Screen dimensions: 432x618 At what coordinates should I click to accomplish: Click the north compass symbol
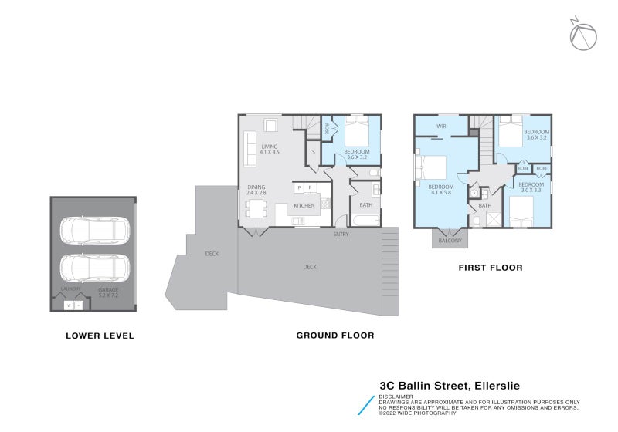583,34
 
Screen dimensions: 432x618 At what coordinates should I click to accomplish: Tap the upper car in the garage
93,229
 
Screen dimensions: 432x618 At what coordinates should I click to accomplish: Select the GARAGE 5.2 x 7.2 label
108,292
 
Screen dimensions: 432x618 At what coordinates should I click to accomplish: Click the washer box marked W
69,305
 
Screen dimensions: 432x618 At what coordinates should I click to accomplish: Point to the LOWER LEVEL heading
100,336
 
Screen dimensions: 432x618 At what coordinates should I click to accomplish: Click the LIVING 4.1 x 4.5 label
269,150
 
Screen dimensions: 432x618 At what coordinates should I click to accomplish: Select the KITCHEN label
304,206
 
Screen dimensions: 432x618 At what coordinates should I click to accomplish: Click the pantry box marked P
298,187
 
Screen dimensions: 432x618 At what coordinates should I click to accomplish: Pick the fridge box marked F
310,187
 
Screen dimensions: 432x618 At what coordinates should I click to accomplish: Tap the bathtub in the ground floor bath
365,221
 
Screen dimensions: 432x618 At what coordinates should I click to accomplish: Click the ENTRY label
341,234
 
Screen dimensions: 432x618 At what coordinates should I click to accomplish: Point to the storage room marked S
313,152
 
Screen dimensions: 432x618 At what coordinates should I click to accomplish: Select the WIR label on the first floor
441,126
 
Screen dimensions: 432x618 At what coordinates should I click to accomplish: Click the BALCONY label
449,241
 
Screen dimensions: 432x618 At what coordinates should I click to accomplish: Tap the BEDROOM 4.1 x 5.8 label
440,190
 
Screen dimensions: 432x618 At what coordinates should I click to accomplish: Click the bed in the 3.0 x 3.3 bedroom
522,211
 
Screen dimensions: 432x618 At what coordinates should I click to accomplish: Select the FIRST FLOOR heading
490,268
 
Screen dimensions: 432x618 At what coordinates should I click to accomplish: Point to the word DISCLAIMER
396,397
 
